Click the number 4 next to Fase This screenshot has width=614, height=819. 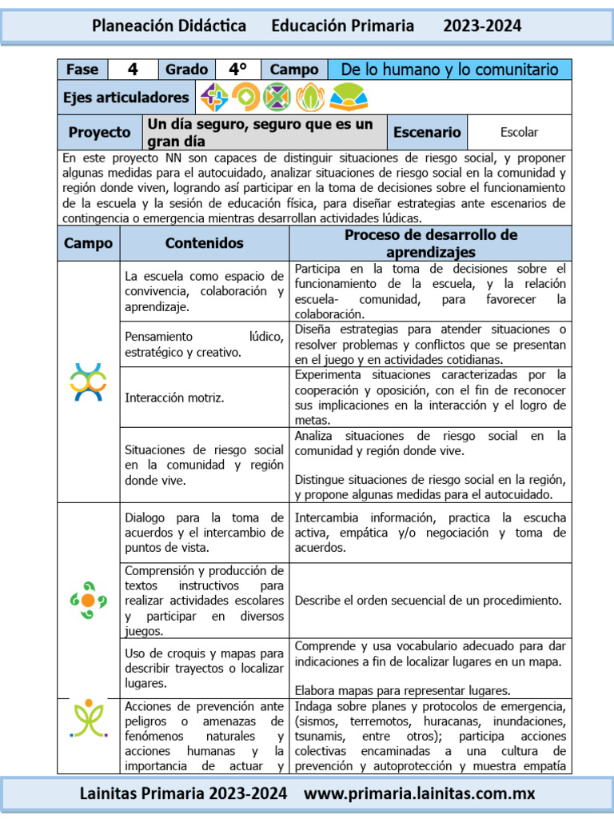pos(133,70)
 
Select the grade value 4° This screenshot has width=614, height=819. pos(237,70)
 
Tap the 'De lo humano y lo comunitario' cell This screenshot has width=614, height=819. pos(449,70)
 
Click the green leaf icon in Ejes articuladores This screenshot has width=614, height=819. pos(309,98)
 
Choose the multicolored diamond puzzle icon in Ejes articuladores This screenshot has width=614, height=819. pos(213,98)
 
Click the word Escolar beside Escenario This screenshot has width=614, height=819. pos(519,132)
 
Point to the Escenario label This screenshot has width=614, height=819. pos(427,132)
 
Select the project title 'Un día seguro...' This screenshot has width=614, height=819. pos(260,133)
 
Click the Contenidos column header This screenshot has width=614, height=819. pos(204,243)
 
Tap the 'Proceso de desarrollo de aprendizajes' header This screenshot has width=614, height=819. pos(430,243)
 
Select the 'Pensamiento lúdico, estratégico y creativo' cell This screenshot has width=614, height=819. pos(204,344)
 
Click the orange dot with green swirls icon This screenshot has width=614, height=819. pos(88,600)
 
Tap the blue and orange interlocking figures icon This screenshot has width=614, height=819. pos(88,382)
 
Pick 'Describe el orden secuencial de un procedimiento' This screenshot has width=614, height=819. pos(428,600)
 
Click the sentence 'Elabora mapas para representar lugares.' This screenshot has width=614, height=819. pos(402,690)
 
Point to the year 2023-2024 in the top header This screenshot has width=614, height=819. pos(482,26)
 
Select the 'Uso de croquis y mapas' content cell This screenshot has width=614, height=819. pos(204,668)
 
